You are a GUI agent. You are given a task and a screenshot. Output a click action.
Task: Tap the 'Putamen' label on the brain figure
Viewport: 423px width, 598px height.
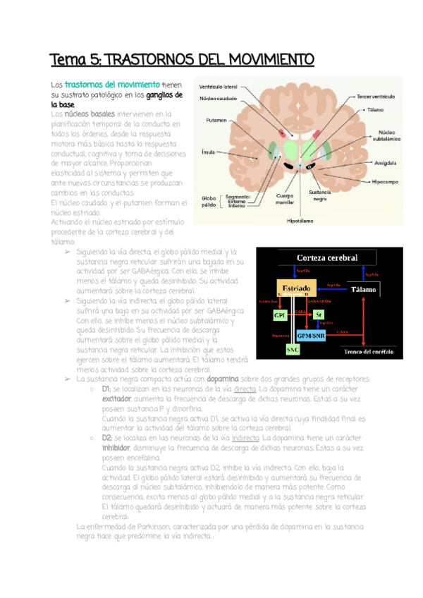(216, 120)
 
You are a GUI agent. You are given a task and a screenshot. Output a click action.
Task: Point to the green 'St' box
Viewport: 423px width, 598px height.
(319, 315)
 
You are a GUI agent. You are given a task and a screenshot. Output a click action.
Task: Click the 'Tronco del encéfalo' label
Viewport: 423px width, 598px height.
(368, 350)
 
